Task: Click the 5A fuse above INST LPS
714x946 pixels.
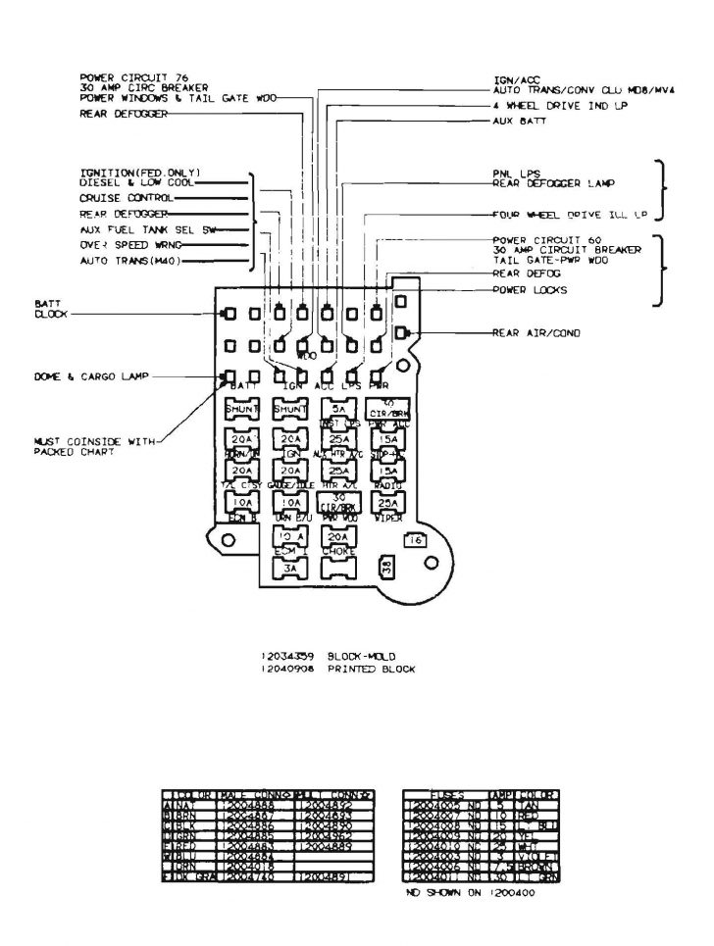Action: pyautogui.click(x=336, y=409)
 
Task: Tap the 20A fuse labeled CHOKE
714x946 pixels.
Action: pyautogui.click(x=336, y=537)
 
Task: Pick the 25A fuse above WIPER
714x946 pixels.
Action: pyautogui.click(x=385, y=504)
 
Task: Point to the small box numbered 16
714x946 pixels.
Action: pyautogui.click(x=416, y=540)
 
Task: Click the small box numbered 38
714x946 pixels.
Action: pyautogui.click(x=387, y=568)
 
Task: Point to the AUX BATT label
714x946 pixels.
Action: pyautogui.click(x=519, y=121)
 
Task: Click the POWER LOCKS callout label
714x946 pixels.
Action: pyautogui.click(x=529, y=290)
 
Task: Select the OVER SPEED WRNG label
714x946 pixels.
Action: pyautogui.click(x=125, y=244)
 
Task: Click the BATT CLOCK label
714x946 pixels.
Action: pyautogui.click(x=48, y=311)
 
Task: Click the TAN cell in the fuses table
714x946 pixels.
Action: pyautogui.click(x=537, y=803)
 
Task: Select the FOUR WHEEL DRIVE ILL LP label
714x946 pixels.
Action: pyautogui.click(x=571, y=213)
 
